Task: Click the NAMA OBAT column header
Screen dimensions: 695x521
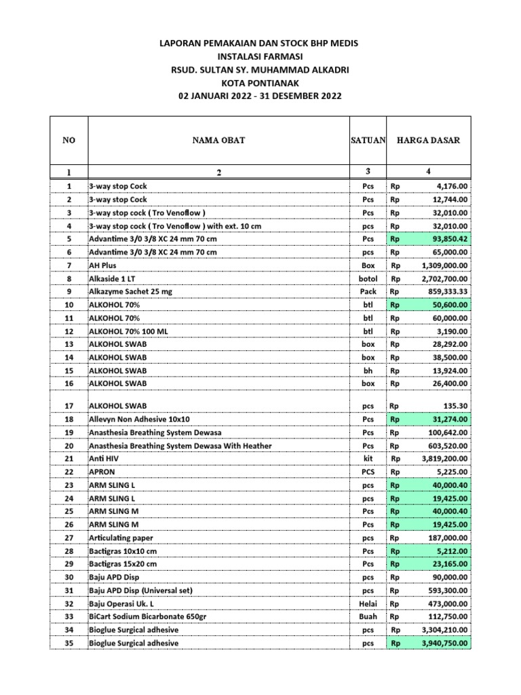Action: (218, 140)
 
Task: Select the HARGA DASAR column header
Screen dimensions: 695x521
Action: (428, 140)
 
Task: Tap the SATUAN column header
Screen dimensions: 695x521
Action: (368, 140)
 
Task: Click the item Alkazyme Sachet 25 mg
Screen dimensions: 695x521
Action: (131, 292)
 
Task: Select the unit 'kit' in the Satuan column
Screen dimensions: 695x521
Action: (368, 459)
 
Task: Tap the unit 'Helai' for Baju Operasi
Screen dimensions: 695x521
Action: (368, 603)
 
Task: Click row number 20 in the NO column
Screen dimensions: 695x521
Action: (69, 446)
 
